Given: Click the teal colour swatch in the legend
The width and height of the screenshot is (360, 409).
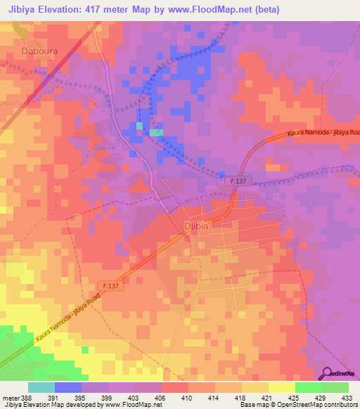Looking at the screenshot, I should coord(41,387).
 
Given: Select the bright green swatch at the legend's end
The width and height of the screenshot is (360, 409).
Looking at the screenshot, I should coord(335,387).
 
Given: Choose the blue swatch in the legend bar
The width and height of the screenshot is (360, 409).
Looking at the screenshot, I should coord(68,387).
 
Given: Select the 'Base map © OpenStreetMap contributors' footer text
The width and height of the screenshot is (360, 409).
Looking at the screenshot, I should coord(298,405).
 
